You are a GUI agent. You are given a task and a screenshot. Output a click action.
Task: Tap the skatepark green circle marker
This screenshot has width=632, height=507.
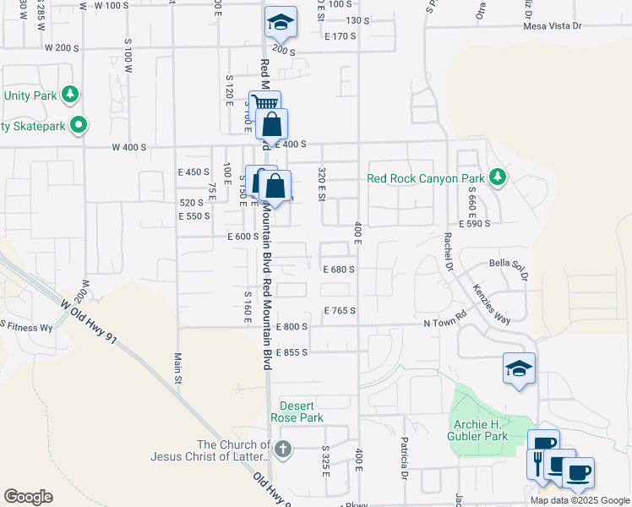79,126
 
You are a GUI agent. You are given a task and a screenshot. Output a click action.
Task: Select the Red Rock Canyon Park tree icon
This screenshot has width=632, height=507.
499,177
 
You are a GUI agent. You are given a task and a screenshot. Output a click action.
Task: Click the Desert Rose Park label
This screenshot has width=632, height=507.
302,412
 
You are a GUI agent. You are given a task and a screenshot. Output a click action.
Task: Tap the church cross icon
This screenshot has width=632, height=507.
282,449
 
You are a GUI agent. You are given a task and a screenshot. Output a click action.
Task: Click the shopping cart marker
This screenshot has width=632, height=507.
264,106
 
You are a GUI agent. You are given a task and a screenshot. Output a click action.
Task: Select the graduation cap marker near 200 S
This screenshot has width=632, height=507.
281,23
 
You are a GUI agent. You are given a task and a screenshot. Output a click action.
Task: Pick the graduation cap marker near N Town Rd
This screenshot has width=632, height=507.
519,368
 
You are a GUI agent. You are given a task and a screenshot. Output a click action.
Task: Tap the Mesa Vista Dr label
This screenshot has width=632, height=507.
553,26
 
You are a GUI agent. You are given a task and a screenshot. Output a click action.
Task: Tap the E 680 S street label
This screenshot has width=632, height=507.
339,270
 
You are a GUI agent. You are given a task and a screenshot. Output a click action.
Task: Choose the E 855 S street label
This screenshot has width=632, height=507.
291,351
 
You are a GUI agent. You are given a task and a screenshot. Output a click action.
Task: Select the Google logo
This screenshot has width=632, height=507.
28,497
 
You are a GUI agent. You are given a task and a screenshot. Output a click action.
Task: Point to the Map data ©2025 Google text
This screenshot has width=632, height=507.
579,499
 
